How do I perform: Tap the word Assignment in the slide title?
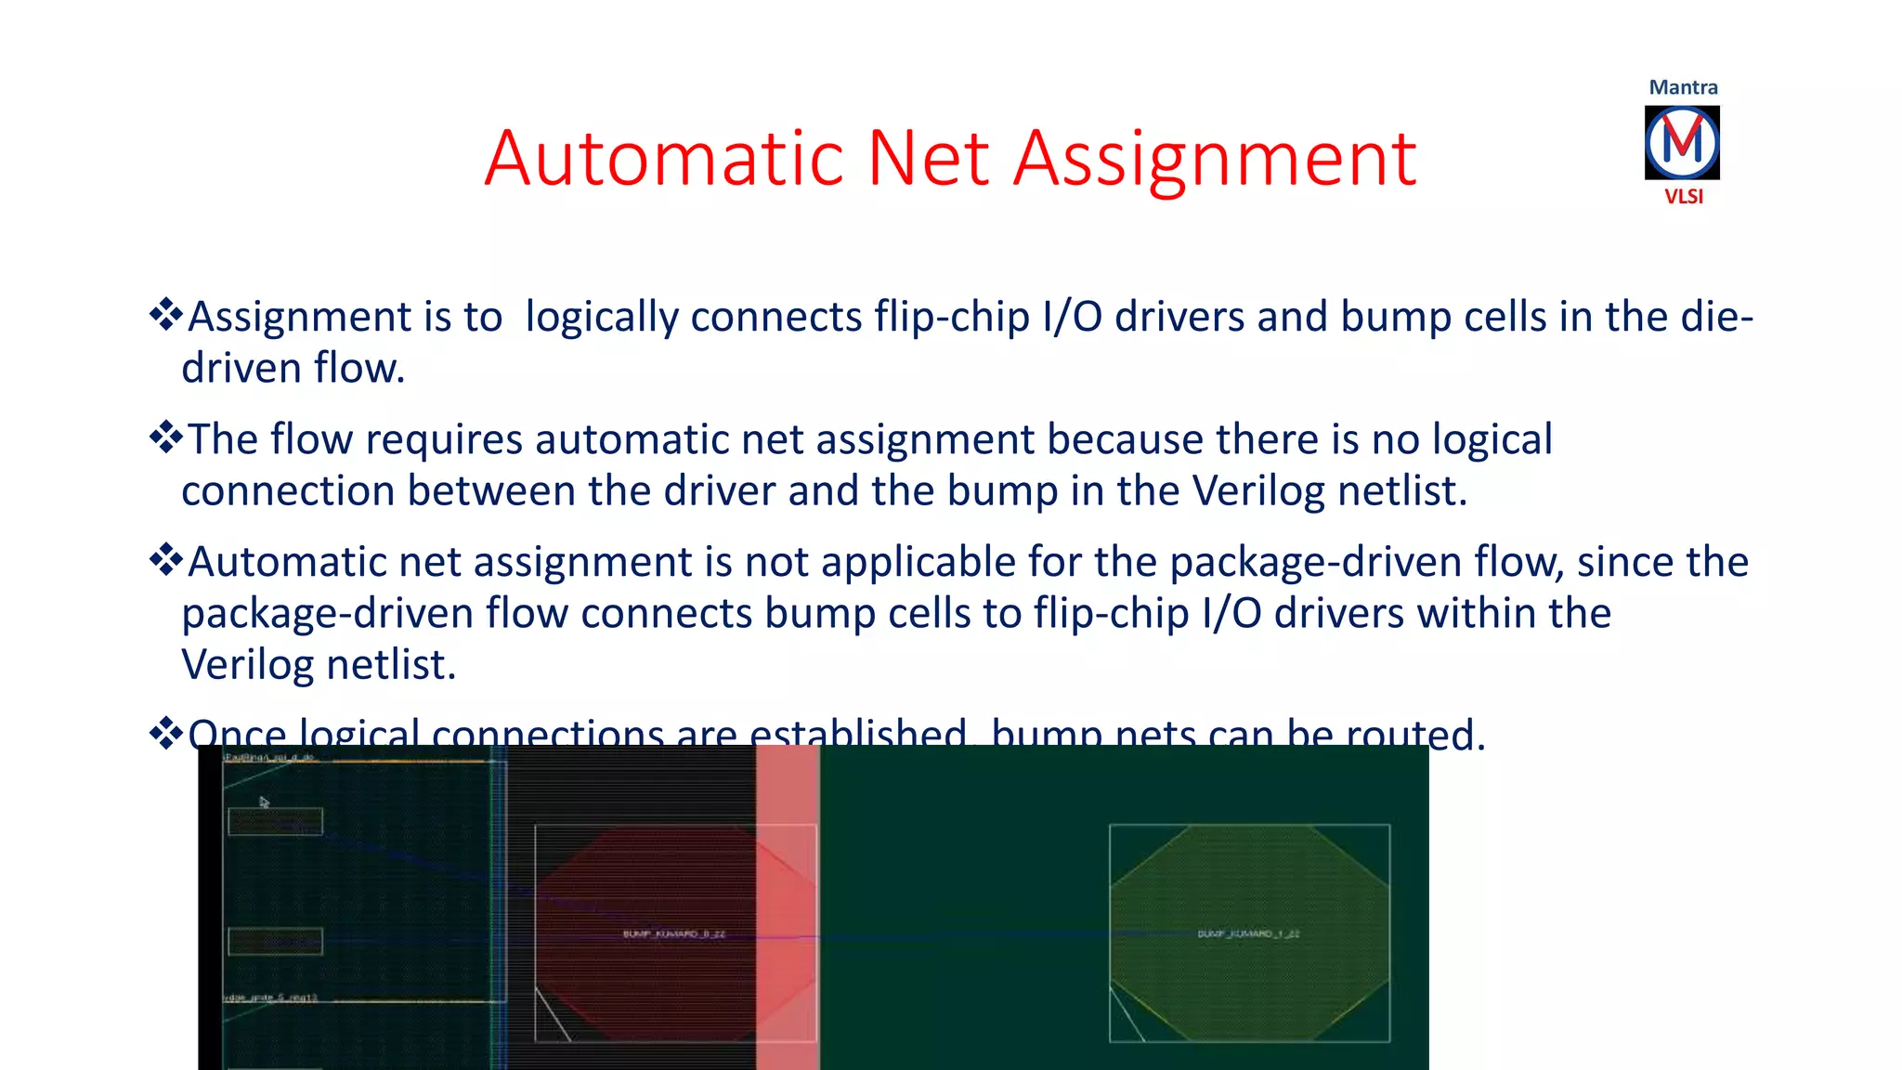pos(1214,160)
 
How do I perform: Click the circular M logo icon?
pos(1682,142)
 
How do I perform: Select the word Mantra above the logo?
pos(1683,87)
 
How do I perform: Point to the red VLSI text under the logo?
pos(1683,197)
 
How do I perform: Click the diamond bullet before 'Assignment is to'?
pos(166,315)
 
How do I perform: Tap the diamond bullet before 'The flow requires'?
pos(166,437)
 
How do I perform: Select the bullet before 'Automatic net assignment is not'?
pos(166,560)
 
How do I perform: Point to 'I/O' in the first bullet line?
pos(1073,318)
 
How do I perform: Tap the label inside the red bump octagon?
pos(673,933)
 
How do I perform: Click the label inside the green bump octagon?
pos(1248,933)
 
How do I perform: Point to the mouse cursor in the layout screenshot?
pos(264,802)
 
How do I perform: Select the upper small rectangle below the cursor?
pos(275,821)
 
